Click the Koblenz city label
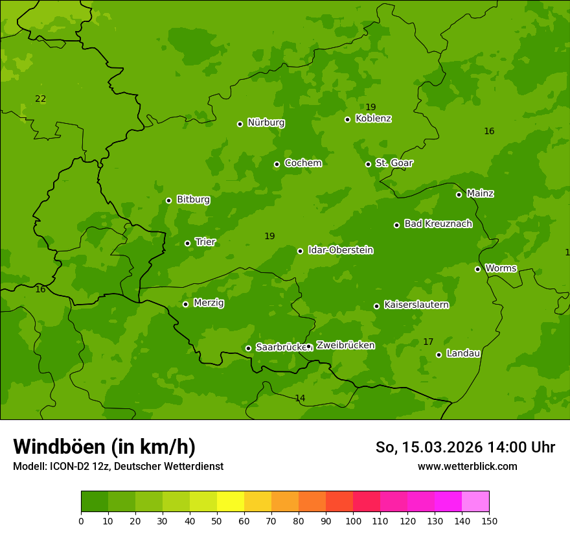tap(373, 119)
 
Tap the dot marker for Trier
tap(188, 243)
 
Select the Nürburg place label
tap(266, 123)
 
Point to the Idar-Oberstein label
tap(340, 250)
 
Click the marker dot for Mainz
tap(459, 194)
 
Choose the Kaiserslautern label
tap(416, 305)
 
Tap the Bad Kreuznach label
tap(438, 224)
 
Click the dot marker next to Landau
tap(439, 355)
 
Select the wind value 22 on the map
tap(40, 99)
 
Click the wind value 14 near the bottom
tap(300, 398)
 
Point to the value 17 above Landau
tap(428, 342)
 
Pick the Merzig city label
tap(209, 303)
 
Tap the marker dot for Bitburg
tap(168, 200)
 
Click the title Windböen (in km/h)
tap(104, 447)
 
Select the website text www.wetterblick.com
tap(467, 466)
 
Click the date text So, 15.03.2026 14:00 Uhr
tap(465, 447)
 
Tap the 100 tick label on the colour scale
tap(353, 520)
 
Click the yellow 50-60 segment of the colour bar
tap(231, 502)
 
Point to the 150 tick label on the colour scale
tap(489, 520)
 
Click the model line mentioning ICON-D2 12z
tap(118, 466)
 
